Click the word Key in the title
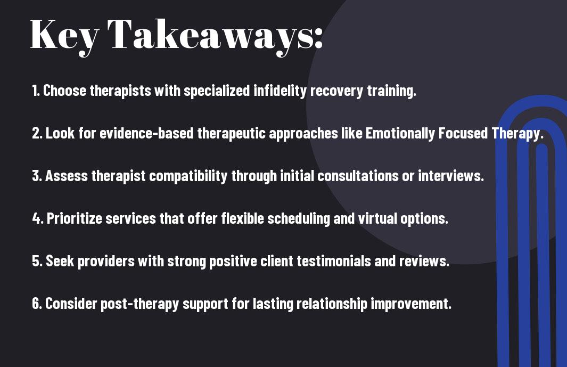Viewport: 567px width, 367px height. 64,36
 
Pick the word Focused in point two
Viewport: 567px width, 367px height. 463,133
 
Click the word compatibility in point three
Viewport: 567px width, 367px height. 188,176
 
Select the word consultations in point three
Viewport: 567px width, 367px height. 358,176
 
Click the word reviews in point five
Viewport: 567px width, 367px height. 424,261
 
